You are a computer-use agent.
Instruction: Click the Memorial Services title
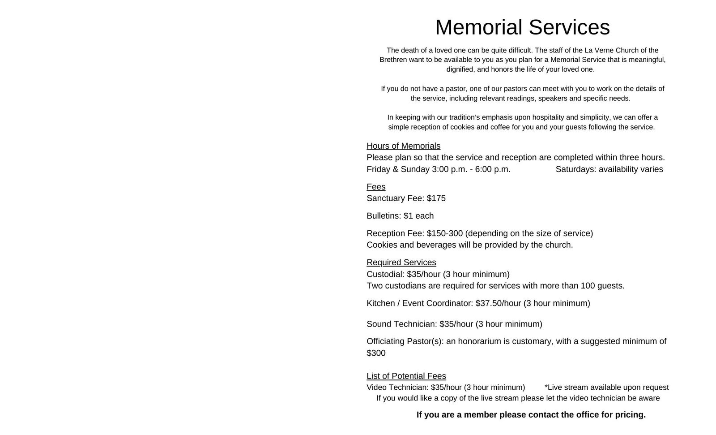(x=522, y=27)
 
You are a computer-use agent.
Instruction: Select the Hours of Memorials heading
(x=403, y=146)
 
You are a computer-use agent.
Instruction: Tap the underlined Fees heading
(x=376, y=187)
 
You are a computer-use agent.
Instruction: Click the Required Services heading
(x=401, y=263)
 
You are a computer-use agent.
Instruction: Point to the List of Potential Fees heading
(x=406, y=376)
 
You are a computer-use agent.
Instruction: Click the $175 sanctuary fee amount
(x=436, y=198)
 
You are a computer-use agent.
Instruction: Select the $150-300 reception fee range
(x=444, y=233)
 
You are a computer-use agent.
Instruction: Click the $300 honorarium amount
(x=376, y=353)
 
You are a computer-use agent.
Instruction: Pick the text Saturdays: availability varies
(x=609, y=169)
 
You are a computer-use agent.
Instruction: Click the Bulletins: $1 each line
(x=400, y=216)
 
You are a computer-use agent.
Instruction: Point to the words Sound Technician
(x=401, y=324)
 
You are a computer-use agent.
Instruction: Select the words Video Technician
(x=397, y=388)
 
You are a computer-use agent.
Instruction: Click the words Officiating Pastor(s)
(x=405, y=341)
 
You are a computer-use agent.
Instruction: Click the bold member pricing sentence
(x=531, y=415)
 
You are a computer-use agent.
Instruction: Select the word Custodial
(x=385, y=274)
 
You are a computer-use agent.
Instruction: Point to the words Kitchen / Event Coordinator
(x=419, y=303)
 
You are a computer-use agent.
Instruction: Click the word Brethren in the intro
(x=393, y=60)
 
